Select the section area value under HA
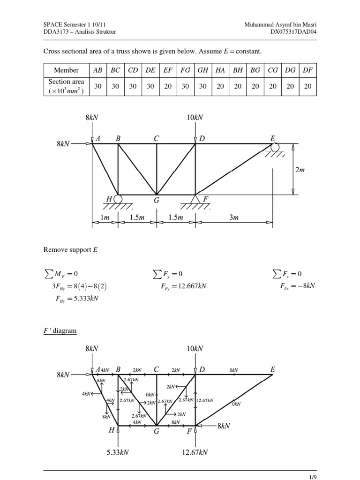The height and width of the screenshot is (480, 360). [x=220, y=86]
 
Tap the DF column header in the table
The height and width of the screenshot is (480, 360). [x=308, y=70]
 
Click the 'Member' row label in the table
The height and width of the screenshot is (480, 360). [x=66, y=70]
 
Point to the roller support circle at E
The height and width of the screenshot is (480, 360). [x=275, y=147]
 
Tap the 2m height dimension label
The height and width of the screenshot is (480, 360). [x=300, y=170]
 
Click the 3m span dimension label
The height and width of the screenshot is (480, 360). [x=233, y=217]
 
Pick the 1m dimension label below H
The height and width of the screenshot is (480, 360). [x=105, y=217]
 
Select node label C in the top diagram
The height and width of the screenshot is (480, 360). [x=157, y=138]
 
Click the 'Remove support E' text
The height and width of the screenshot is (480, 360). [x=67, y=250]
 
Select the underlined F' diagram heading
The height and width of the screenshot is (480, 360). [x=60, y=330]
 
